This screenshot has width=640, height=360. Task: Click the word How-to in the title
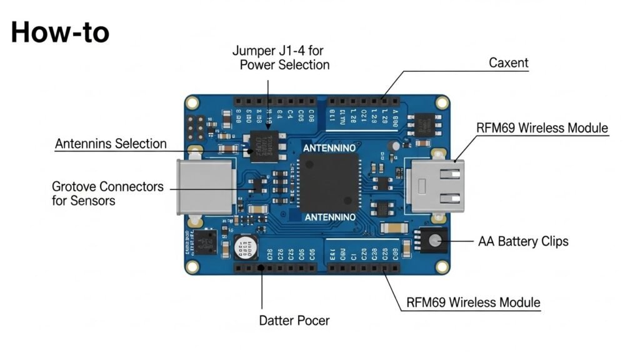point(60,32)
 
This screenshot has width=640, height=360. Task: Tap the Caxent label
point(508,63)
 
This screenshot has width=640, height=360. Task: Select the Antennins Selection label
point(111,144)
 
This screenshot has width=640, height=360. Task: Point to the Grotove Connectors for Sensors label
point(107,193)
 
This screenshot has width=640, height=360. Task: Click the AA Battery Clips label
point(523,241)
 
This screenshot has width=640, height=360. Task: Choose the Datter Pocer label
point(294,321)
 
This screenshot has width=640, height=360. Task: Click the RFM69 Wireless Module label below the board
point(473,302)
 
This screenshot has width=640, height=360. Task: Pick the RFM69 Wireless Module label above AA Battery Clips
point(542,128)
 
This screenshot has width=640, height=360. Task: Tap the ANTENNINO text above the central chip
point(329,148)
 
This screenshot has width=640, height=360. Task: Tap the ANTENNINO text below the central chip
point(329,217)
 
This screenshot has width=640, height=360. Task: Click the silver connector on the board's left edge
point(204,186)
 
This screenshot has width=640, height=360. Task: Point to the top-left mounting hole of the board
point(193,104)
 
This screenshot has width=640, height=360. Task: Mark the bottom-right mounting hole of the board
point(442,266)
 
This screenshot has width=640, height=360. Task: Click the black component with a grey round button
point(432,241)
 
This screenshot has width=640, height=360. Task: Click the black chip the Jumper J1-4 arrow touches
point(266,146)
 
